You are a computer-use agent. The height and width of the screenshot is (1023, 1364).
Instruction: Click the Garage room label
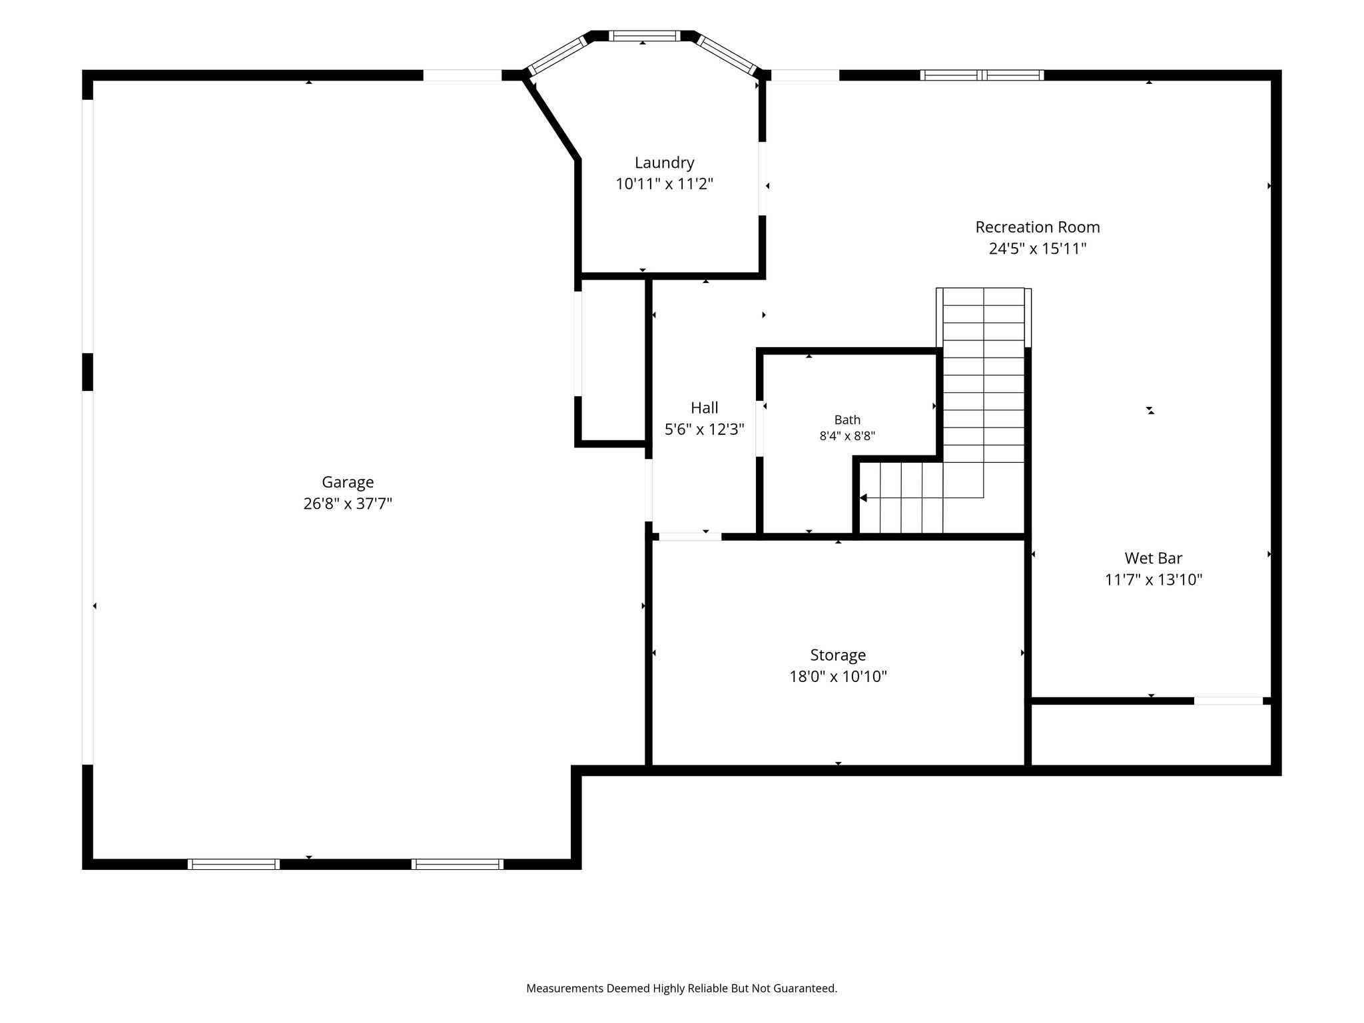click(x=348, y=482)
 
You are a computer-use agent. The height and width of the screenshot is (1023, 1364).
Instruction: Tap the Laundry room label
click(x=664, y=163)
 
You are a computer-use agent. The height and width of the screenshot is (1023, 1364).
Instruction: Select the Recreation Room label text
click(x=1038, y=227)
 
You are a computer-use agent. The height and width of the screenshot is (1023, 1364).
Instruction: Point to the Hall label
click(x=704, y=408)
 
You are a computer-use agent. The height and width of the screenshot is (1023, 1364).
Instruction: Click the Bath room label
click(x=847, y=420)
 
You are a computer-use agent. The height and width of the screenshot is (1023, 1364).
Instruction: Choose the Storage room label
click(x=838, y=655)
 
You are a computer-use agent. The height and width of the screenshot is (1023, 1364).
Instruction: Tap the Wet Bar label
click(x=1154, y=558)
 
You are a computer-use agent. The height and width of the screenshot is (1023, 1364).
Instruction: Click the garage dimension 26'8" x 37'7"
click(x=348, y=504)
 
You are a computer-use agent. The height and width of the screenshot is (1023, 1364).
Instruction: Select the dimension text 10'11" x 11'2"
click(x=664, y=184)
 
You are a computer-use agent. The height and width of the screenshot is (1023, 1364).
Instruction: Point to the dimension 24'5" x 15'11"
click(x=1038, y=248)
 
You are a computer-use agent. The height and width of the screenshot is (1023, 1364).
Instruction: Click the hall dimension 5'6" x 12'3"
click(x=704, y=430)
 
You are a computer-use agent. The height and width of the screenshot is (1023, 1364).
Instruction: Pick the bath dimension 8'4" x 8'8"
click(x=847, y=436)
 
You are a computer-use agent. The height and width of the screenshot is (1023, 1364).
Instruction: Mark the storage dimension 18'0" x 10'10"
click(x=838, y=677)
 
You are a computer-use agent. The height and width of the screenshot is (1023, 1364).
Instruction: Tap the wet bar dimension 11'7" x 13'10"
click(x=1154, y=579)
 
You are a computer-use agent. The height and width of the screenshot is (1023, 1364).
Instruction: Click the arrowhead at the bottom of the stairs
click(x=863, y=498)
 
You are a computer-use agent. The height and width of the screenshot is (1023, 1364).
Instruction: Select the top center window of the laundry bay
click(x=644, y=36)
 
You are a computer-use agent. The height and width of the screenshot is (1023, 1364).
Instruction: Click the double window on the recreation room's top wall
click(x=982, y=75)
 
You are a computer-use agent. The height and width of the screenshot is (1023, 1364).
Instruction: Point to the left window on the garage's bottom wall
click(x=233, y=864)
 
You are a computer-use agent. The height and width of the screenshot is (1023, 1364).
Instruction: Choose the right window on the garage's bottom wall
click(x=457, y=864)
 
